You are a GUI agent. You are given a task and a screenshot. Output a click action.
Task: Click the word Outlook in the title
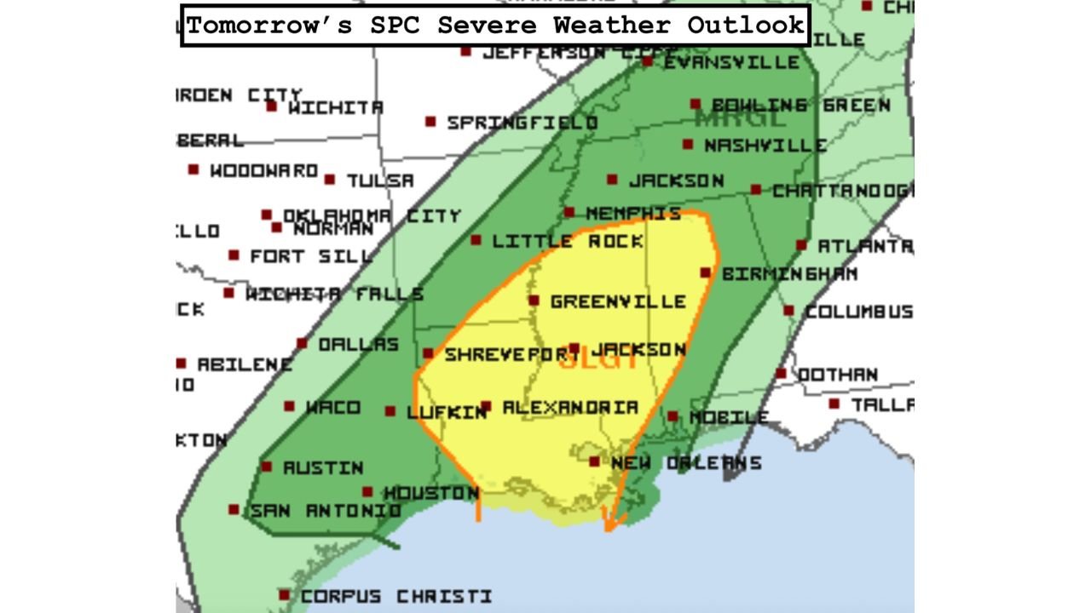[x=746, y=25]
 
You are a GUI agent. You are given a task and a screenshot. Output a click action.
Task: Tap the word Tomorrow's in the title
[x=269, y=25]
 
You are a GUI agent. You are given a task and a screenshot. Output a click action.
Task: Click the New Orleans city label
[x=686, y=463]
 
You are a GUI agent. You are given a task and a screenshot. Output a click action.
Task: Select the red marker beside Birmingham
[x=706, y=273]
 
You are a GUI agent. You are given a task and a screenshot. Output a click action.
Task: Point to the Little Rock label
[x=568, y=242]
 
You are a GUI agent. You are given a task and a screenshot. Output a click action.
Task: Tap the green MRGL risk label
[x=739, y=119]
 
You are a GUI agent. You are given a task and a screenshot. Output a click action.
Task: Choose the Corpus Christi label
[x=396, y=596]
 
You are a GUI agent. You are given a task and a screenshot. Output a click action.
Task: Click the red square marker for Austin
[x=267, y=467]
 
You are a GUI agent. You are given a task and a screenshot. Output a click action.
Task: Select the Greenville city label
[x=618, y=301]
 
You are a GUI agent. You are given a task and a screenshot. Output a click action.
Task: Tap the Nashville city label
[x=765, y=146]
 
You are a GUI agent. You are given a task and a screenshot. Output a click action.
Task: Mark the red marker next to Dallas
[x=302, y=343]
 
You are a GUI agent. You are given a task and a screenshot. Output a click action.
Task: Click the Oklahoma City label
[x=372, y=216]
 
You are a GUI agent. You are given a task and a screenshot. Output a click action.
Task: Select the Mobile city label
[x=729, y=418]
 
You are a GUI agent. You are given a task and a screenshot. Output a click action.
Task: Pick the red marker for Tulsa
[x=329, y=180]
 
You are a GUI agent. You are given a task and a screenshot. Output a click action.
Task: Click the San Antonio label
[x=325, y=511]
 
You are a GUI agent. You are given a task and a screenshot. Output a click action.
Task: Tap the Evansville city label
[x=731, y=62]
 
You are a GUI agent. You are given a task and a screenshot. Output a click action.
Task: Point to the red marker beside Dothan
[x=781, y=374]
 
